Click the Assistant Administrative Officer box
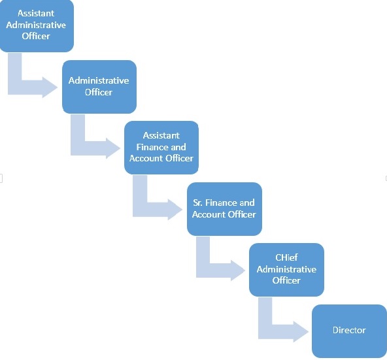point(37,25)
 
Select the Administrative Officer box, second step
point(99,87)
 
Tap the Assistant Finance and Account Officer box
point(161,148)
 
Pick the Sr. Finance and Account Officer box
point(224,208)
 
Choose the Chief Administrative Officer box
point(286,270)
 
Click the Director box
point(349,331)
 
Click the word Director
point(349,330)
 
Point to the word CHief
point(286,257)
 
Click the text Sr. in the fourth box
point(197,203)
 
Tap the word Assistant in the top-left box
point(36,13)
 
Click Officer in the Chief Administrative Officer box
point(286,280)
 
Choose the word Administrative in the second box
point(99,80)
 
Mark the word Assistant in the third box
point(161,135)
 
